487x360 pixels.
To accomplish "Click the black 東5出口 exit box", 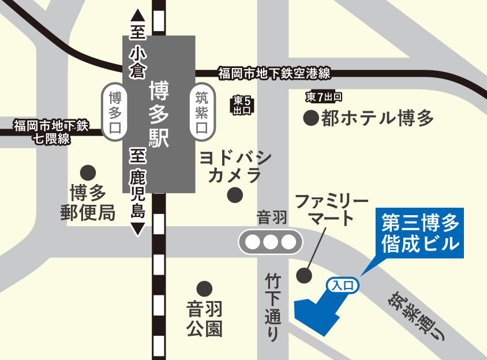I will pyautogui.click(x=242, y=104).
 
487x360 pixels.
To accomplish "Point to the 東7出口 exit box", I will pyautogui.click(x=324, y=96).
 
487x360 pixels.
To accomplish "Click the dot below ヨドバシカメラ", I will pyautogui.click(x=235, y=195).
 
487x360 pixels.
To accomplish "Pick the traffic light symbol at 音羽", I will pyautogui.click(x=271, y=242).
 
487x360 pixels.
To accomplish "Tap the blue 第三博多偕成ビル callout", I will pyautogui.click(x=419, y=232).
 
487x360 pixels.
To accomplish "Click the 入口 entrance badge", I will pyautogui.click(x=344, y=284).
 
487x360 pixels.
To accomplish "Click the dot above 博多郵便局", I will pyautogui.click(x=88, y=171).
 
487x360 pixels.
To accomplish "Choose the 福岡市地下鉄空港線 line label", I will pyautogui.click(x=274, y=73).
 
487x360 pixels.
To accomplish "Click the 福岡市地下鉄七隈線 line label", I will pyautogui.click(x=51, y=131).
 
